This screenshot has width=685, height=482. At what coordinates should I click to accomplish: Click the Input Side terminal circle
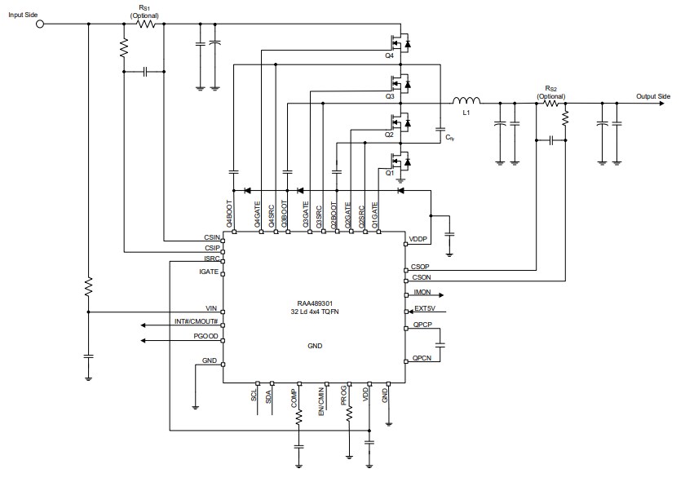click(40, 24)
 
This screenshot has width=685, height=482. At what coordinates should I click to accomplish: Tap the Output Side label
click(653, 95)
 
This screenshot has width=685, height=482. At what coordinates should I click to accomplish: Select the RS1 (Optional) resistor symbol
click(146, 24)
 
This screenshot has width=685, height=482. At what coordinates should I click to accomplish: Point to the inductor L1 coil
click(467, 101)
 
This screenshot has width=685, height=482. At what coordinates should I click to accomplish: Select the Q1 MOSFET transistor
click(400, 161)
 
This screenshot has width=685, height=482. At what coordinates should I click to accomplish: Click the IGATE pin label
click(210, 272)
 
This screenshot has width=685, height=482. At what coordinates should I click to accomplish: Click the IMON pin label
click(422, 292)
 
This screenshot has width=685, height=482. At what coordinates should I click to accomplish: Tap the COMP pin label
click(294, 397)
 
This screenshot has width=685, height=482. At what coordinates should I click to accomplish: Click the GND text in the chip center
click(315, 346)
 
